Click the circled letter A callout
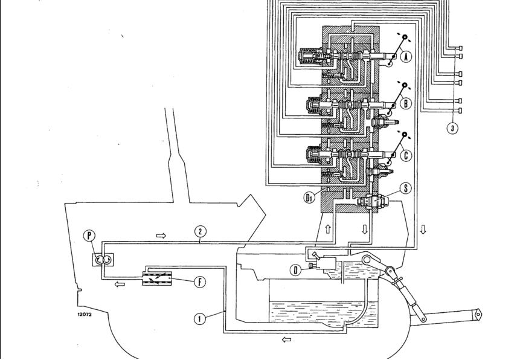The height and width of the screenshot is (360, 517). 406,57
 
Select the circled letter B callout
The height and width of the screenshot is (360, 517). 406,103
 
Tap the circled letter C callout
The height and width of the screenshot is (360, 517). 406,155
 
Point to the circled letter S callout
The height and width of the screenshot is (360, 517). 405,188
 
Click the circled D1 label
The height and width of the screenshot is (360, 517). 309,198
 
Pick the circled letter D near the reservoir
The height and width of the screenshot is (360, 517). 296,271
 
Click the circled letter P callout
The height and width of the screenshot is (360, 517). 89,236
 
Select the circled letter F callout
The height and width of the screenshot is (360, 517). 199,282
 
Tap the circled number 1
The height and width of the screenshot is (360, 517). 199,319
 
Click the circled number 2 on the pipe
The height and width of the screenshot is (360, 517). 200,231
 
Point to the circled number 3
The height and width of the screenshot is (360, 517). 452,128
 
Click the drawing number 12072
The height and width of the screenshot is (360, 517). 85,314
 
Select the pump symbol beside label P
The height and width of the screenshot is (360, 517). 103,260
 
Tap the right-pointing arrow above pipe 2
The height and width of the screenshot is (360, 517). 161,236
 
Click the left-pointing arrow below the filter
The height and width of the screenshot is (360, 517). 120,284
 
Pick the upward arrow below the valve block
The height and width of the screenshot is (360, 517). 328,229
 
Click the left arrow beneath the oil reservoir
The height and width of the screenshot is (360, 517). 286,339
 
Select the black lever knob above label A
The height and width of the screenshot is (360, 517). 405,37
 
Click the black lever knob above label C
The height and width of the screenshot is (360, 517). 405,135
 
